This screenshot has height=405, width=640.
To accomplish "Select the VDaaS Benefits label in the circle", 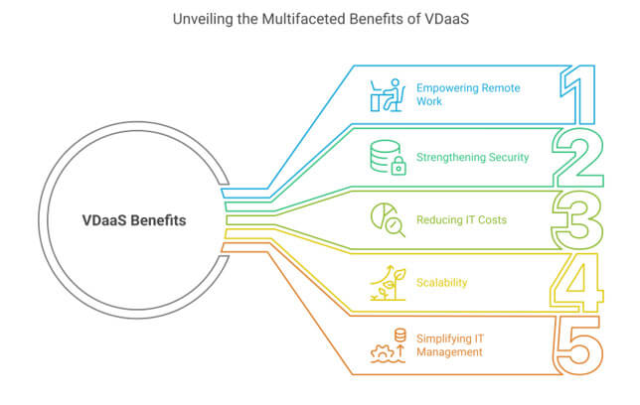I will click(134, 220).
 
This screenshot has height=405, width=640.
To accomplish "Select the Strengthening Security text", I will click(472, 157).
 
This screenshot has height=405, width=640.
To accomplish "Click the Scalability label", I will click(442, 282).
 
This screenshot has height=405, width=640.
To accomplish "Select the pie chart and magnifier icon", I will click(386, 218).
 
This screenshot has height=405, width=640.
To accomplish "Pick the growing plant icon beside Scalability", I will click(386, 282).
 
